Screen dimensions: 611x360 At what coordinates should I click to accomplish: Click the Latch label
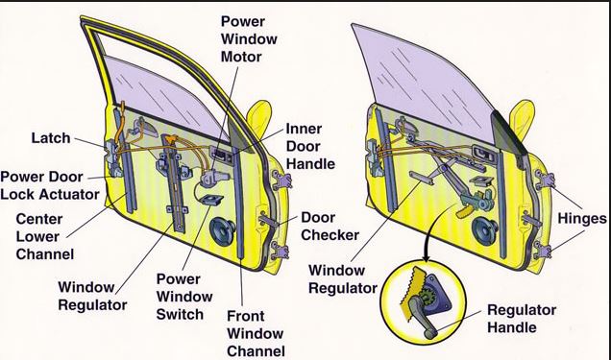51,138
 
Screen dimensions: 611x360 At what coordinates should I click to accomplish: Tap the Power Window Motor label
249,39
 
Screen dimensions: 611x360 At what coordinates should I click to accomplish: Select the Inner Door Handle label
310,146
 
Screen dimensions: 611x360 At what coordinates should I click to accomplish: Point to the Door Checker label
330,227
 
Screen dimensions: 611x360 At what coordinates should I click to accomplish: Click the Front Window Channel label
256,333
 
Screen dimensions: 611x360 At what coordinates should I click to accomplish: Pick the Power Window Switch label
184,297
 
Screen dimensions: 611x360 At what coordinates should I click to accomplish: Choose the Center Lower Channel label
45,236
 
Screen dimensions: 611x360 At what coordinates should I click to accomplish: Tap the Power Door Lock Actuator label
50,185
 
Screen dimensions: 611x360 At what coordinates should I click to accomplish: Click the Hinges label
582,218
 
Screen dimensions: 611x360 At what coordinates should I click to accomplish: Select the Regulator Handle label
522,319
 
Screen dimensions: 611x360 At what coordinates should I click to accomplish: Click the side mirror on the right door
523,118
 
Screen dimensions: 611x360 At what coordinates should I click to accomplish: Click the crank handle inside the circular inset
422,314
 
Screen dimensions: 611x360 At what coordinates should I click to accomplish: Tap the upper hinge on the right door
546,180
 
